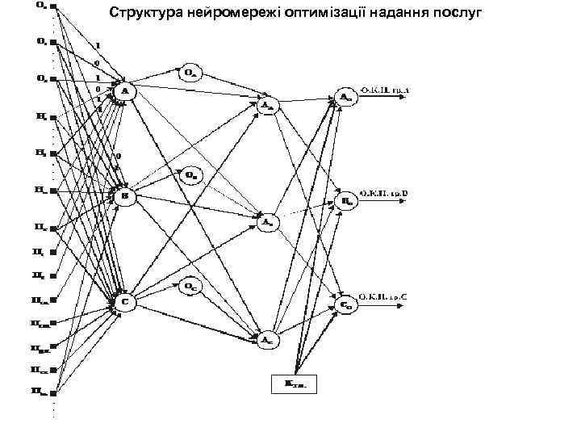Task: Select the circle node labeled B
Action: click(x=124, y=196)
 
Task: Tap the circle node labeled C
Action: click(x=124, y=301)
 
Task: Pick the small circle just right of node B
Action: click(x=190, y=174)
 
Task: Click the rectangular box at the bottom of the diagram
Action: click(x=295, y=384)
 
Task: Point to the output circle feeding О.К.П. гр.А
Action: click(x=346, y=96)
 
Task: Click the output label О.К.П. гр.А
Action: click(x=385, y=90)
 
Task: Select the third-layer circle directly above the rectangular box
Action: click(x=269, y=338)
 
